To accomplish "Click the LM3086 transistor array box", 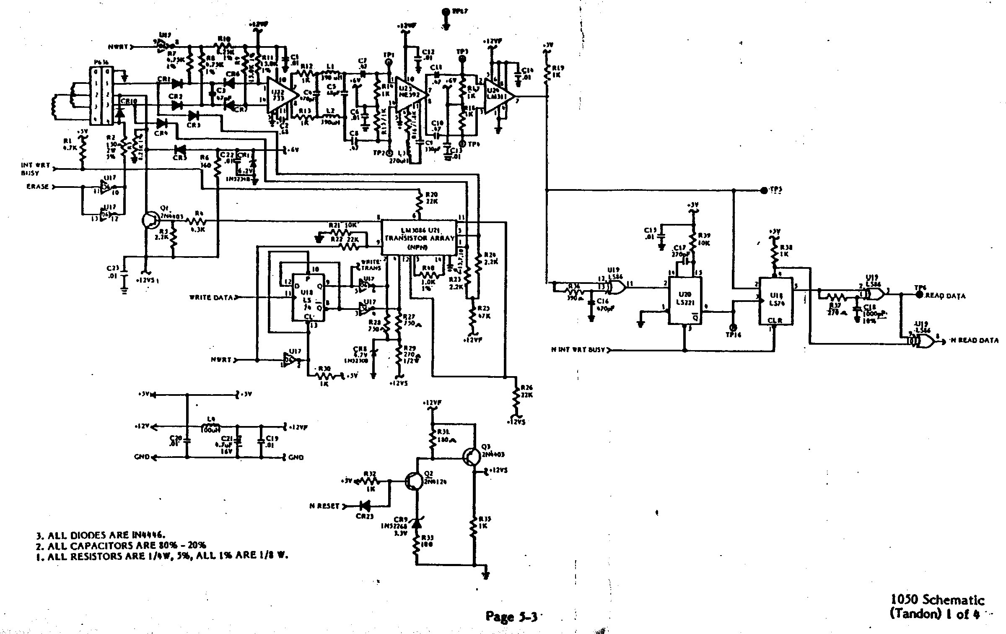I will pyautogui.click(x=419, y=237).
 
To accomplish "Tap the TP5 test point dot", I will pyautogui.click(x=764, y=191).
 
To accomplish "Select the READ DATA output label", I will pyautogui.click(x=945, y=296).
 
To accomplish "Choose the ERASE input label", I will pyautogui.click(x=38, y=187).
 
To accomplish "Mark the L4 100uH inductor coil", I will pyautogui.click(x=211, y=427).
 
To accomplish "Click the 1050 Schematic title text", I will pyautogui.click(x=937, y=600).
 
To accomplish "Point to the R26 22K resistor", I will pyautogui.click(x=516, y=398).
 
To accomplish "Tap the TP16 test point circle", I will pyautogui.click(x=733, y=327).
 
